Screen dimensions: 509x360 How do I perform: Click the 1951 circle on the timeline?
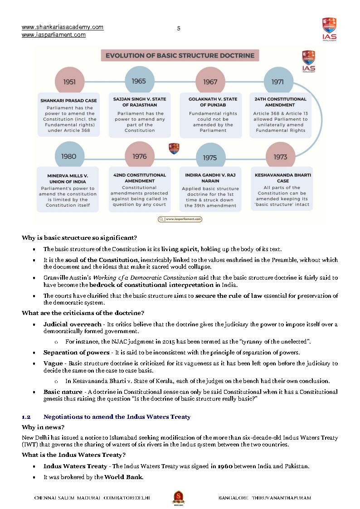[69, 82]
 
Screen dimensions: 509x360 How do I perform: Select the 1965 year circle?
[139, 81]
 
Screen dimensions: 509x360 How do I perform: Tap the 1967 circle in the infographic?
[210, 82]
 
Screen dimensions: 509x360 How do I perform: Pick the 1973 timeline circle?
[280, 157]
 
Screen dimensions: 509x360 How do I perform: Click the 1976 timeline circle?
[140, 156]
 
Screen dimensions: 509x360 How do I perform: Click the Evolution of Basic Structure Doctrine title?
[180, 56]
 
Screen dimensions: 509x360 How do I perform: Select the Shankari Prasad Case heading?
[68, 101]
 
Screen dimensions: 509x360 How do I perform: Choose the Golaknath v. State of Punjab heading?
[213, 102]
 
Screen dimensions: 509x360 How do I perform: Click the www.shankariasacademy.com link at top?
[63, 27]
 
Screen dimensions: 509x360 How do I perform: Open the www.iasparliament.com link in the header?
[54, 35]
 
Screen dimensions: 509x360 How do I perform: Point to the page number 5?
[179, 29]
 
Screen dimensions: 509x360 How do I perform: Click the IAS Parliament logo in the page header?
[329, 29]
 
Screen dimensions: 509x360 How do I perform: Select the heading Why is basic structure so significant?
[79, 238]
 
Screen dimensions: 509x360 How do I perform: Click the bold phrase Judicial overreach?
[73, 325]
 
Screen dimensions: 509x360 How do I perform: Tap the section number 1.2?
[26, 417]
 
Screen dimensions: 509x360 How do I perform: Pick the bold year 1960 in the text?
[226, 466]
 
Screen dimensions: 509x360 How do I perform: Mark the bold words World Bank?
[124, 477]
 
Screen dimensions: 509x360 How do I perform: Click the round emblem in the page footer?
[178, 498]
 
